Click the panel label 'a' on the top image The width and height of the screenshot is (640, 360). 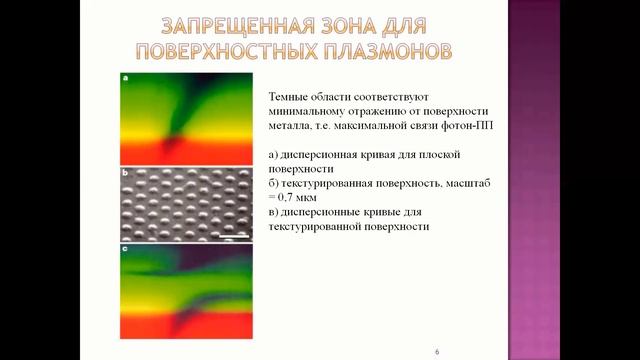tap(125, 76)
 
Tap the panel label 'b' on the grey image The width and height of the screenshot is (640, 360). tap(125, 174)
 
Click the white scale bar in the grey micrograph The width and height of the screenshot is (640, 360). tap(235, 235)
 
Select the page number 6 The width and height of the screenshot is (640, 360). tap(437, 352)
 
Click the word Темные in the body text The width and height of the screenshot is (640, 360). tap(290, 95)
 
